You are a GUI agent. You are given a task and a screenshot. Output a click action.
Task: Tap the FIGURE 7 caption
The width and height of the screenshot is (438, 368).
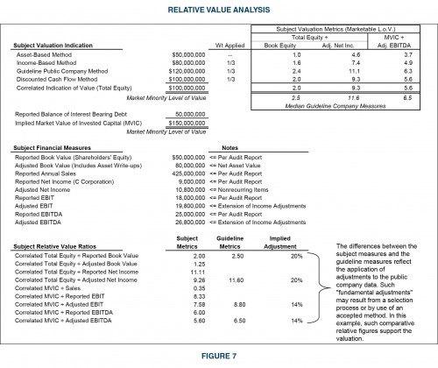tap(218, 357)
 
